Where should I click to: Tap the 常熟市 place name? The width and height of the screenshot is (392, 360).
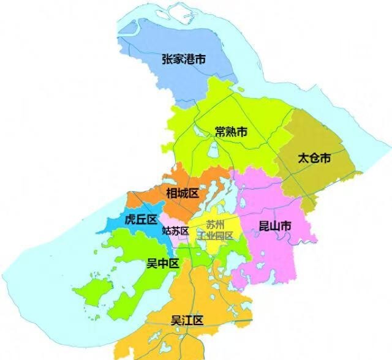(x=231, y=132)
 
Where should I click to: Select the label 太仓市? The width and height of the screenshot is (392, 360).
(x=314, y=158)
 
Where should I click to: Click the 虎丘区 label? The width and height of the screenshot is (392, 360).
(x=141, y=219)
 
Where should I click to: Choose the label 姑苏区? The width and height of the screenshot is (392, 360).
(x=176, y=231)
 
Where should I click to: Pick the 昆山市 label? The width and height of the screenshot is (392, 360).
(x=274, y=227)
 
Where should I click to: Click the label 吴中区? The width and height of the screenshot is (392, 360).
(x=162, y=263)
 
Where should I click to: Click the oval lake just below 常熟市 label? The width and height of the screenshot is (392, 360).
(x=214, y=149)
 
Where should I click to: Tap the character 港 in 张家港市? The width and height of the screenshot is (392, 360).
(x=195, y=59)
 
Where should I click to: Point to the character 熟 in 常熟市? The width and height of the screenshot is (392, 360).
(x=231, y=132)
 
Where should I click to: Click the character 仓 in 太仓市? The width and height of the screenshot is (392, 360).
(x=314, y=158)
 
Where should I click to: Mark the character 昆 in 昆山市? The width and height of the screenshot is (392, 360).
(x=263, y=227)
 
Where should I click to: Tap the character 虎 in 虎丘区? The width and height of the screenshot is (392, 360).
(x=130, y=219)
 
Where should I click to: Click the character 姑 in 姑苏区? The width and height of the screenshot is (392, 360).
(x=167, y=231)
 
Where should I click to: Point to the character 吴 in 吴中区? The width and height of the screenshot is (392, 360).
(x=151, y=263)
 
